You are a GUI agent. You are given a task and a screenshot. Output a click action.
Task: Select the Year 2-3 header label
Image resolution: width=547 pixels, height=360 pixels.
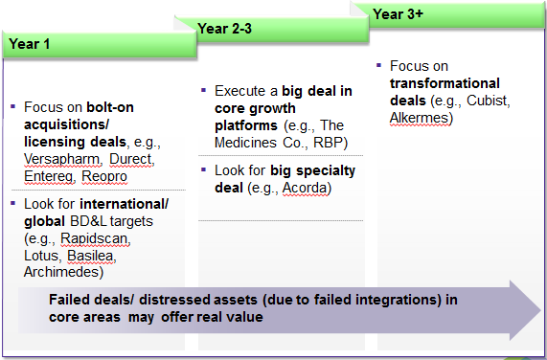tap(224, 29)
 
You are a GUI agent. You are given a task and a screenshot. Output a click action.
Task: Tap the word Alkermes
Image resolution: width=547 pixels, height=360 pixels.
tap(420, 118)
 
